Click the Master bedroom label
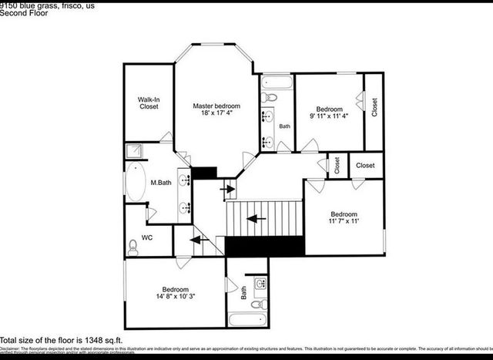click(216, 106)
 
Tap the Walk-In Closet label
click(149, 103)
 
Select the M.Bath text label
click(160, 183)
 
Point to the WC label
click(147, 237)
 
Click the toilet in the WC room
click(132, 247)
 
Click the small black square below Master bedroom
click(203, 173)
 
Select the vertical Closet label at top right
click(374, 109)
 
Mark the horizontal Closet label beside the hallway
click(365, 165)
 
